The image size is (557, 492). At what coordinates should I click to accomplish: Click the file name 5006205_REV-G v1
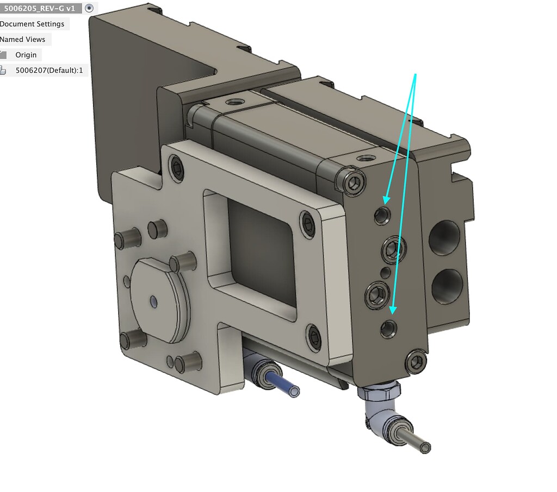pos(39,9)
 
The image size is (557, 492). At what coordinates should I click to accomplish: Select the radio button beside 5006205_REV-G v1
pos(90,9)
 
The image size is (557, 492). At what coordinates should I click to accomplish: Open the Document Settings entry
pos(33,24)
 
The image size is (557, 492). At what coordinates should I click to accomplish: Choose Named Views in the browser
pos(23,39)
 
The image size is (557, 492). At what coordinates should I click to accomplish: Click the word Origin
pos(26,55)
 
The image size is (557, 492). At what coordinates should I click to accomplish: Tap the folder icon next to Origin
pos(3,55)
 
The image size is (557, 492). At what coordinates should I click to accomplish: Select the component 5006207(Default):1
pos(48,70)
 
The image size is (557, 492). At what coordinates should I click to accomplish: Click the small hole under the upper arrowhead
pos(382,216)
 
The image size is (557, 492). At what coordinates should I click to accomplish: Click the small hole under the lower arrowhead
pos(388,329)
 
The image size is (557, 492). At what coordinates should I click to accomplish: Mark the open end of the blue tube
pos(294,391)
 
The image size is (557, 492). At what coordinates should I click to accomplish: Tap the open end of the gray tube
pos(425,447)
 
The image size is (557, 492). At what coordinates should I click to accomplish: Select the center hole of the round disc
pos(154,300)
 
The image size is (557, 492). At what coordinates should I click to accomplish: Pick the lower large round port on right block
pos(447,287)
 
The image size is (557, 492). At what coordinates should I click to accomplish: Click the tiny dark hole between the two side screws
pos(385,272)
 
